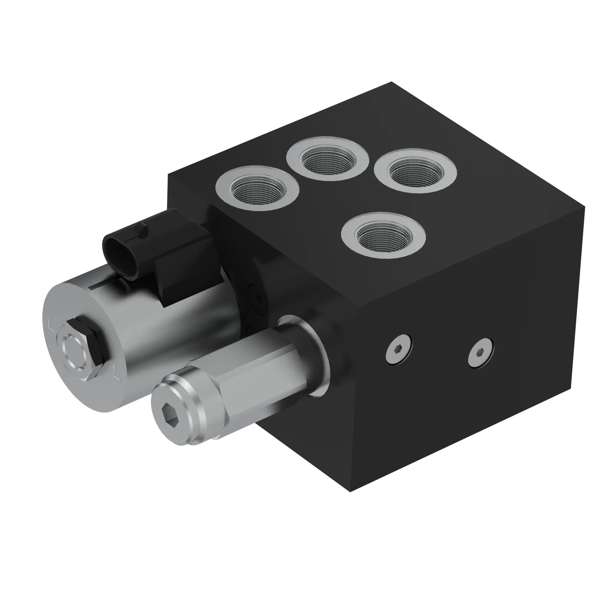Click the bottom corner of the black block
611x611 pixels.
[350, 491]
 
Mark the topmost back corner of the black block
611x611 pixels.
[392, 82]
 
